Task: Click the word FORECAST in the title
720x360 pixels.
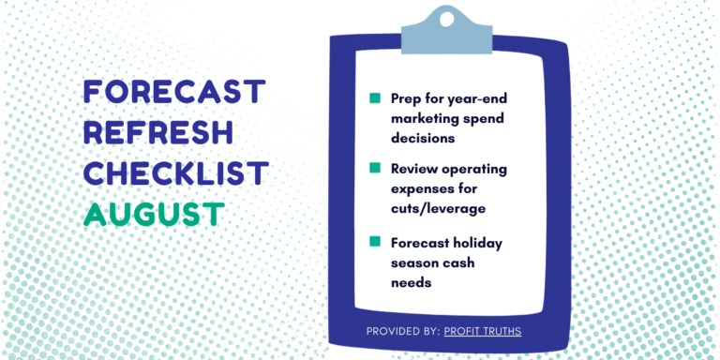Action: (x=174, y=91)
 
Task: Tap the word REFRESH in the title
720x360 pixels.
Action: (x=158, y=132)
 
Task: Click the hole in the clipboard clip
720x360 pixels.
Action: (x=446, y=19)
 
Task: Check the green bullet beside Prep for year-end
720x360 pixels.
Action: (x=375, y=98)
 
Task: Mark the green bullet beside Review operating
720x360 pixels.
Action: (x=375, y=168)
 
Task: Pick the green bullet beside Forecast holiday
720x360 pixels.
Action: (x=375, y=242)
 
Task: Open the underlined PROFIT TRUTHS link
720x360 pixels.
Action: (x=483, y=331)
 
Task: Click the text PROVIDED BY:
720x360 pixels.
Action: (x=403, y=331)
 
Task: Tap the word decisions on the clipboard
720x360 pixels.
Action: (x=423, y=138)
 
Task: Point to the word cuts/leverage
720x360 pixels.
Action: (x=438, y=209)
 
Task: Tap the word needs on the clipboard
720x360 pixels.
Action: (x=412, y=282)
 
